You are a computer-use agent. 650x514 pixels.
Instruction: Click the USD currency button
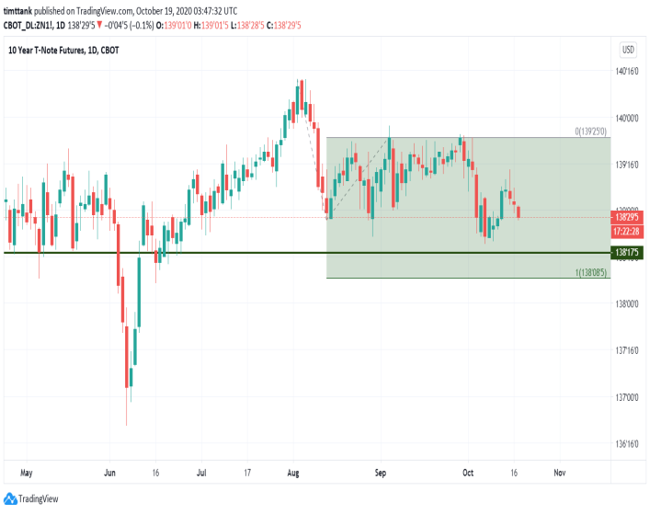[629, 50]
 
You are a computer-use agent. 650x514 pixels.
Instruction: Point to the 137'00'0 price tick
[628, 397]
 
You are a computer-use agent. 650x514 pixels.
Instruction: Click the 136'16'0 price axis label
[628, 444]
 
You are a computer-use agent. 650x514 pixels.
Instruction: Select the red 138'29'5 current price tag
[628, 218]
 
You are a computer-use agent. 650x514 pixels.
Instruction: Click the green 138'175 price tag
[628, 252]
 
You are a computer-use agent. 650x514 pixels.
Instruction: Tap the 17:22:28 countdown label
[628, 231]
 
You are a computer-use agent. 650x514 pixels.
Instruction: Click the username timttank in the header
[19, 11]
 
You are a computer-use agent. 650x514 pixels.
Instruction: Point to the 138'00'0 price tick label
[628, 304]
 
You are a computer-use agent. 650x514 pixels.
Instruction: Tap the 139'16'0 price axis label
[628, 165]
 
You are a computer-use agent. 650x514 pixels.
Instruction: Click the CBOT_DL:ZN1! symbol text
[29, 23]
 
